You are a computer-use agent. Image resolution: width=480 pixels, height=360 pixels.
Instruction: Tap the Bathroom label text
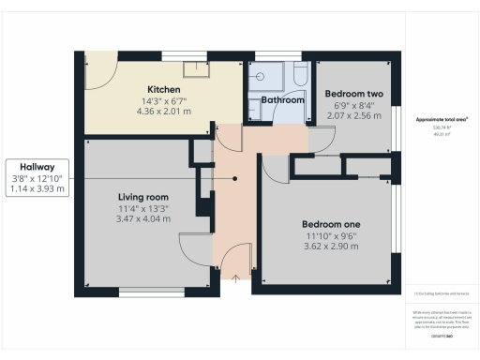coord(282,99)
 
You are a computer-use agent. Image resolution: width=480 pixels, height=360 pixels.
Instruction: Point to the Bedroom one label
coord(331,224)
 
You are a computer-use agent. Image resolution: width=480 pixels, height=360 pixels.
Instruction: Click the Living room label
coord(142,197)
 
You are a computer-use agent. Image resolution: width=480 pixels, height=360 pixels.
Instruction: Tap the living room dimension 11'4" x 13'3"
coord(143,208)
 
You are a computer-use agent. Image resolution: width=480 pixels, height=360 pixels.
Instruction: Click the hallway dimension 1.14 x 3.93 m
coord(37,188)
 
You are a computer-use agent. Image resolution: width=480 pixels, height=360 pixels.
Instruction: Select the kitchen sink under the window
coord(195,67)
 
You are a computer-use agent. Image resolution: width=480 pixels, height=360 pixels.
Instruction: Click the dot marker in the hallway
coord(234,178)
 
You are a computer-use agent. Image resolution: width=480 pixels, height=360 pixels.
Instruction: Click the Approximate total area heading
coord(442,119)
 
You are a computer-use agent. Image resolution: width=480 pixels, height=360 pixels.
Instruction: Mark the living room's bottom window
coord(145,292)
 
